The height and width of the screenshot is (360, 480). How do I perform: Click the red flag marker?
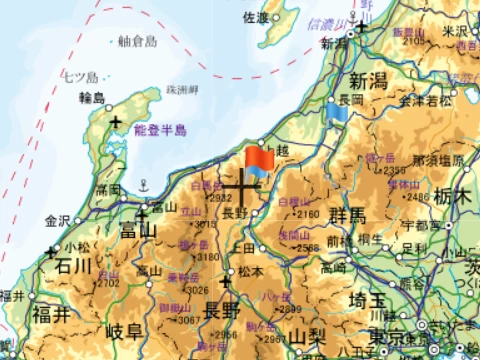[259, 159]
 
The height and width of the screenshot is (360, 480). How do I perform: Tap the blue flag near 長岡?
[338, 112]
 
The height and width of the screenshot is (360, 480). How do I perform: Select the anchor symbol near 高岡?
[142, 184]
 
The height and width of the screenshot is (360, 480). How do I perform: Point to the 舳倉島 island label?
[138, 42]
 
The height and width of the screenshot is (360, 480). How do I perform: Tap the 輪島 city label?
[92, 97]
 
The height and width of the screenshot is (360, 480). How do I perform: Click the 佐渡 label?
[256, 18]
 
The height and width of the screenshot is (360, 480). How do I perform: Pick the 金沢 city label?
[59, 220]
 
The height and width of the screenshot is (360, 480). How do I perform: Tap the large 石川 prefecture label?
[73, 266]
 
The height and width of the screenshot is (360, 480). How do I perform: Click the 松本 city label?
[250, 271]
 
